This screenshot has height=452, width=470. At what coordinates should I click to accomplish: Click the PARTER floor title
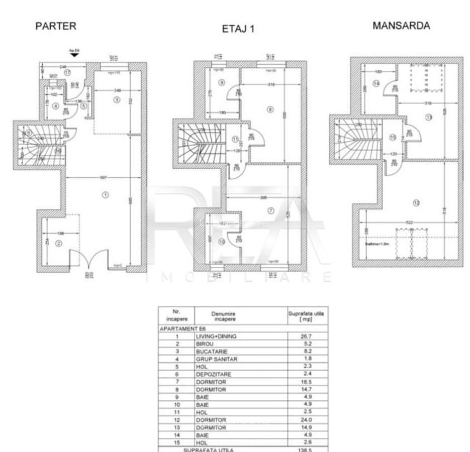point(55,27)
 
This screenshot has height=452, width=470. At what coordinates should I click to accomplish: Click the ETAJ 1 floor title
point(238,29)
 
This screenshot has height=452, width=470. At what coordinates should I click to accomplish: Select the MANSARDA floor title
point(401,26)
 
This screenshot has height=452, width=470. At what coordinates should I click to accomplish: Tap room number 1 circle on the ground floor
point(105,195)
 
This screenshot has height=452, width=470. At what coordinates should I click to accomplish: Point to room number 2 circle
point(59,244)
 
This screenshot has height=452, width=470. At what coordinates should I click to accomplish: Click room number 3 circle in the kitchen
point(117,100)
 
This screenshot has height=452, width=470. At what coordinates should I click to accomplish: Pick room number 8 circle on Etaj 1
point(269,109)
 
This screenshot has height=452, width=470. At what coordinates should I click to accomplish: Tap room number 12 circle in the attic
point(415,203)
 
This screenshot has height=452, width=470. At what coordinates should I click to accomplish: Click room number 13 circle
point(428,118)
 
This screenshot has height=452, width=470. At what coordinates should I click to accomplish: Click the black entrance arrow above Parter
point(75,55)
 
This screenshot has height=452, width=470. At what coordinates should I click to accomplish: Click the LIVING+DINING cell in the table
point(216,336)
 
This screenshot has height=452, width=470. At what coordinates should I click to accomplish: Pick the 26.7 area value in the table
point(307,336)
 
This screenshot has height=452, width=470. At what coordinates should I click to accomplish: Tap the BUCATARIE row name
point(209,352)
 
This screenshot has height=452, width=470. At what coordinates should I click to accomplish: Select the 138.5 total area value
point(307,450)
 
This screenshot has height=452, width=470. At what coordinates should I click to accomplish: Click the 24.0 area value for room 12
point(307,419)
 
